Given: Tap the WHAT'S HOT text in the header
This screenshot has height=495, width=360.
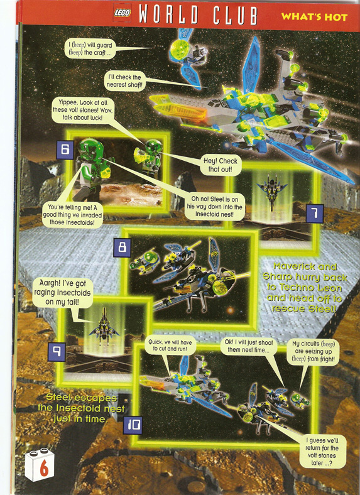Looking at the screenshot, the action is [314, 17].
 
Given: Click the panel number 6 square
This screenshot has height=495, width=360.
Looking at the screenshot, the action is [65, 150].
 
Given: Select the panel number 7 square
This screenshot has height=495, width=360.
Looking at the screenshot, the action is [315, 214].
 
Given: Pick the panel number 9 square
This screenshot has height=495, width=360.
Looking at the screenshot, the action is [57, 352].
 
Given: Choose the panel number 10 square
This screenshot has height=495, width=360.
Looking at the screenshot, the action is [133, 425].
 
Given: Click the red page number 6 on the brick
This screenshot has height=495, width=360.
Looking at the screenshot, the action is [44, 467].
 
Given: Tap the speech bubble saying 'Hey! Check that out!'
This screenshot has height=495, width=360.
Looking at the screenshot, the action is [221, 165].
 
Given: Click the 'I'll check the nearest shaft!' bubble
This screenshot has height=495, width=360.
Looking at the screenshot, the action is [124, 81].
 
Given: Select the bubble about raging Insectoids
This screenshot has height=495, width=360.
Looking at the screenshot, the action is [62, 293].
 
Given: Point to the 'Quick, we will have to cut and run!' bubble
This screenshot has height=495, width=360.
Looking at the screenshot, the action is [170, 345].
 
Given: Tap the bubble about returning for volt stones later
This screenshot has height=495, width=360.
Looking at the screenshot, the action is [322, 452].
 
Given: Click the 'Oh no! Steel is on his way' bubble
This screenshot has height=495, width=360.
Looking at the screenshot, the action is [214, 207].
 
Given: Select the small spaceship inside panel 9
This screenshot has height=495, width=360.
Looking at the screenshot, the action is [104, 327].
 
